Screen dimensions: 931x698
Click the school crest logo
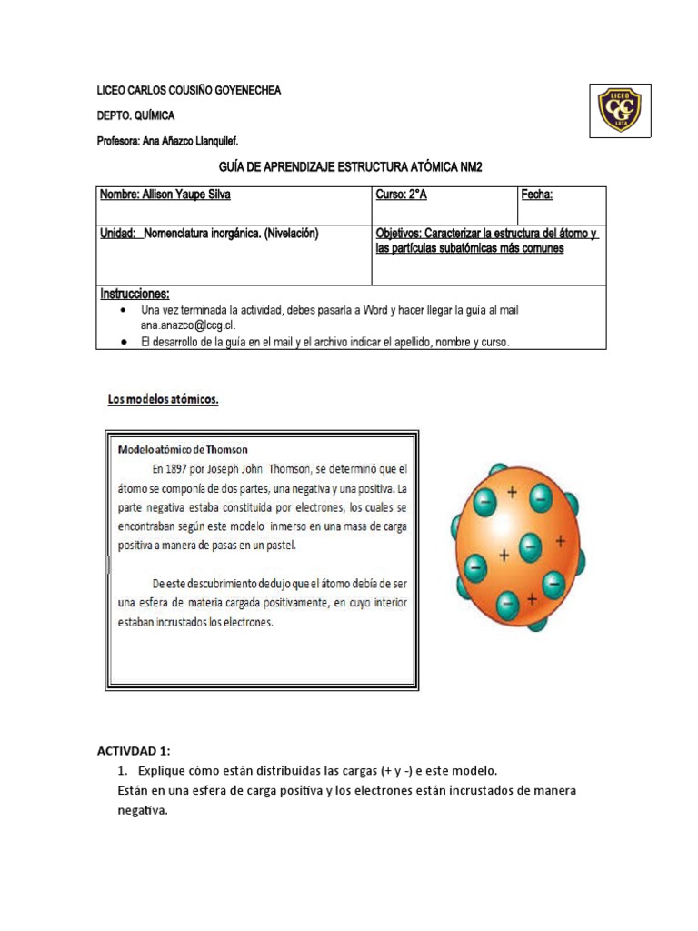click(x=619, y=110)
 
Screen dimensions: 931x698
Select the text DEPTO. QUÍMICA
click(x=136, y=116)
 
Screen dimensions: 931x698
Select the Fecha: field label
click(x=537, y=195)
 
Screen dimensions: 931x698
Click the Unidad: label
click(x=119, y=234)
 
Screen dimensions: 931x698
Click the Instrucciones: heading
click(x=135, y=294)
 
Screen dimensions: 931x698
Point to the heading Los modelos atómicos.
click(x=158, y=399)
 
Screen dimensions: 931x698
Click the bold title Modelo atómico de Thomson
click(x=183, y=449)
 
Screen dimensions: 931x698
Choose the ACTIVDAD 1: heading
click(x=134, y=750)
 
